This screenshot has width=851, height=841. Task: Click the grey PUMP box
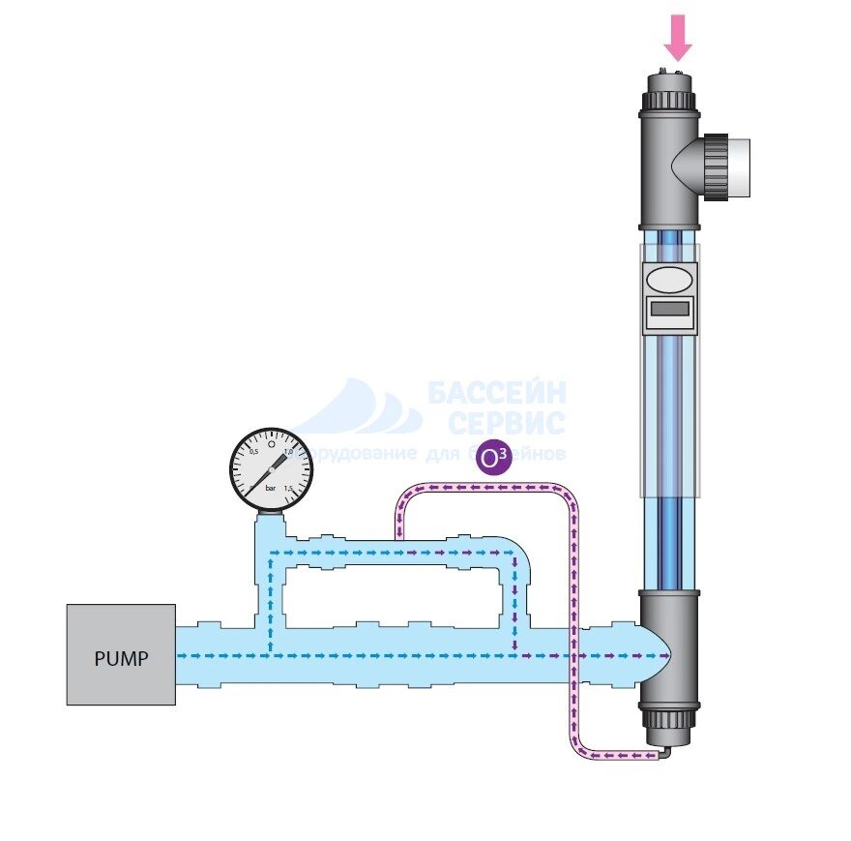tap(121, 655)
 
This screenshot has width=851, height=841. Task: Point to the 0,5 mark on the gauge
tap(254, 452)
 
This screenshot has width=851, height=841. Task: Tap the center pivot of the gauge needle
tap(271, 471)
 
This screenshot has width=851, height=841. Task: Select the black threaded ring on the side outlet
tap(716, 161)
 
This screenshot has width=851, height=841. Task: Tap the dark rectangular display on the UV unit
tap(669, 310)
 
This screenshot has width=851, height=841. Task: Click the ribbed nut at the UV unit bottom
tap(667, 721)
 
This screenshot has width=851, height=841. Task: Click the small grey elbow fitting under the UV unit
tap(661, 751)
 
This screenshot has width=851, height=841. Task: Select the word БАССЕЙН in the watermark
tap(497, 393)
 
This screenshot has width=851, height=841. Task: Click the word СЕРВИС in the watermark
tap(507, 423)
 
